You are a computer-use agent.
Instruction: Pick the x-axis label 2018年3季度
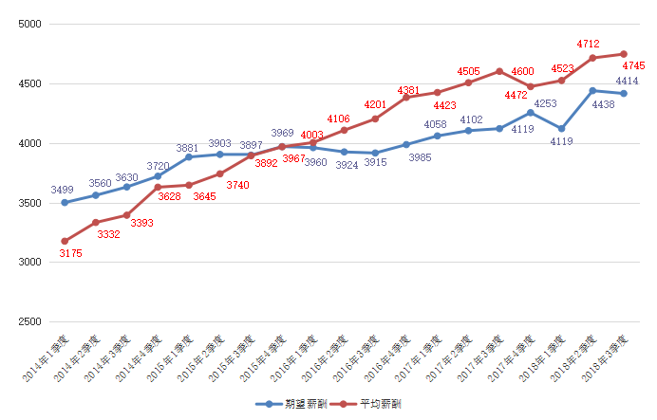608,356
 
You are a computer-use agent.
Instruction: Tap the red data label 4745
634,66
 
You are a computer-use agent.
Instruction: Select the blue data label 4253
545,103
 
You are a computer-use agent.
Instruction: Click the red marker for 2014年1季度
65,241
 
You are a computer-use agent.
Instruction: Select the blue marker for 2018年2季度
592,91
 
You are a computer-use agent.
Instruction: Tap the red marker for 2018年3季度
624,54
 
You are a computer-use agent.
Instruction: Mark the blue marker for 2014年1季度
65,202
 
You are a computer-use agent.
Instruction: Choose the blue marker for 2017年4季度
531,113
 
